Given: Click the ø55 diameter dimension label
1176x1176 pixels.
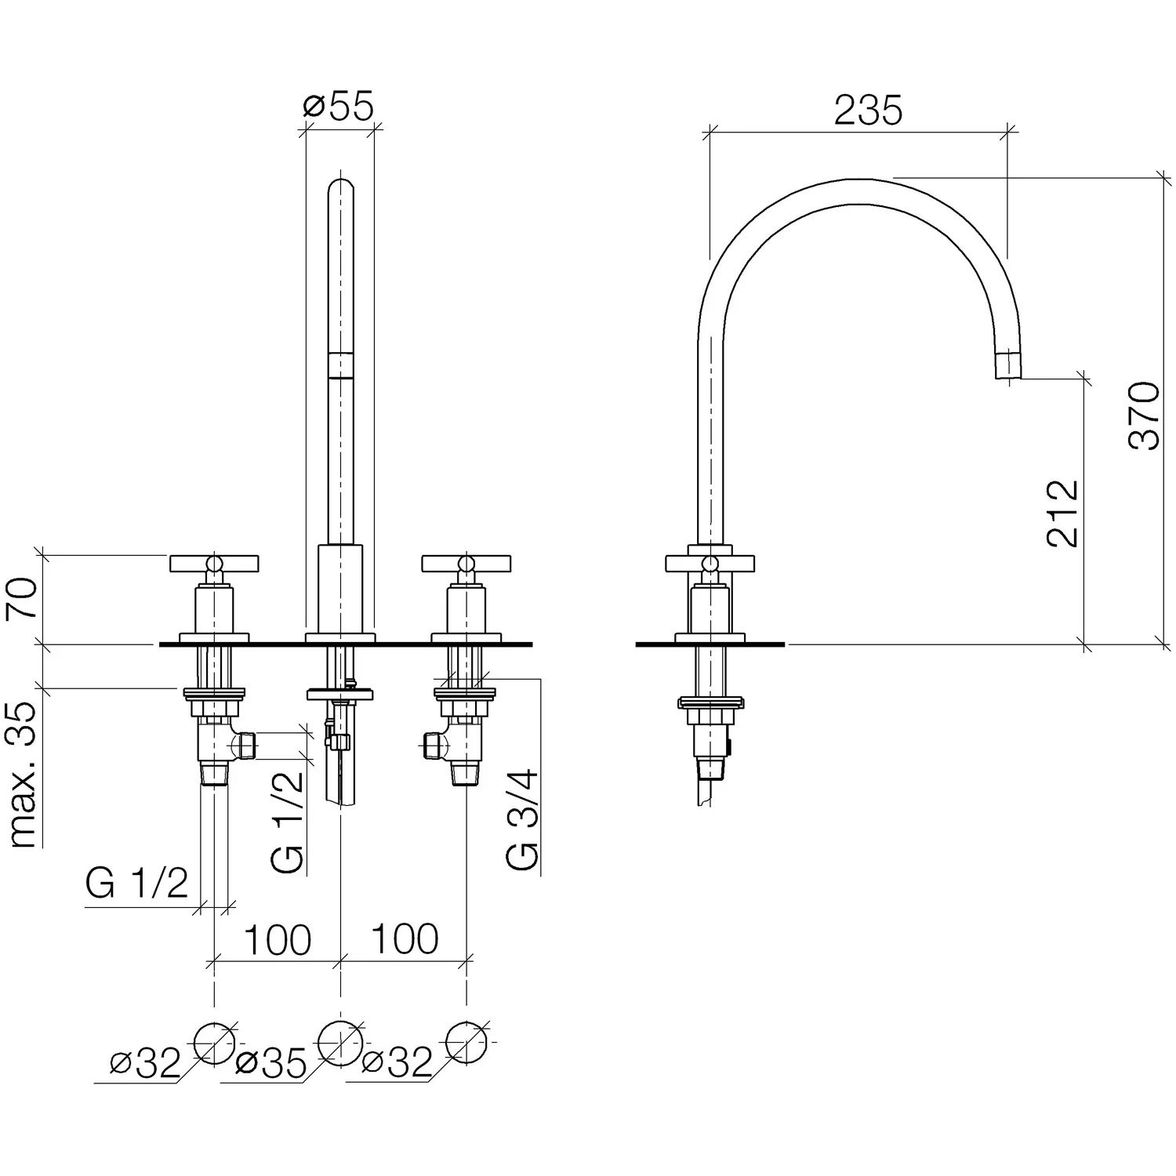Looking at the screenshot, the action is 338,107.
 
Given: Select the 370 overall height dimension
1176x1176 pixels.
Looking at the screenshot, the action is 1143,415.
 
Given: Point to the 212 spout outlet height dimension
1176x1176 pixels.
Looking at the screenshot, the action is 1063,513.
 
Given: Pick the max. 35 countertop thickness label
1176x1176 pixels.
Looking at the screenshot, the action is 24,775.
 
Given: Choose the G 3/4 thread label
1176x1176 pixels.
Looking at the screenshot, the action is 523,819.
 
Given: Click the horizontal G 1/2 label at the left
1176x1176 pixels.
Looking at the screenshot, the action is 137,884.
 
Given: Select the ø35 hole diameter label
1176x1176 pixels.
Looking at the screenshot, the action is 271,1064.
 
